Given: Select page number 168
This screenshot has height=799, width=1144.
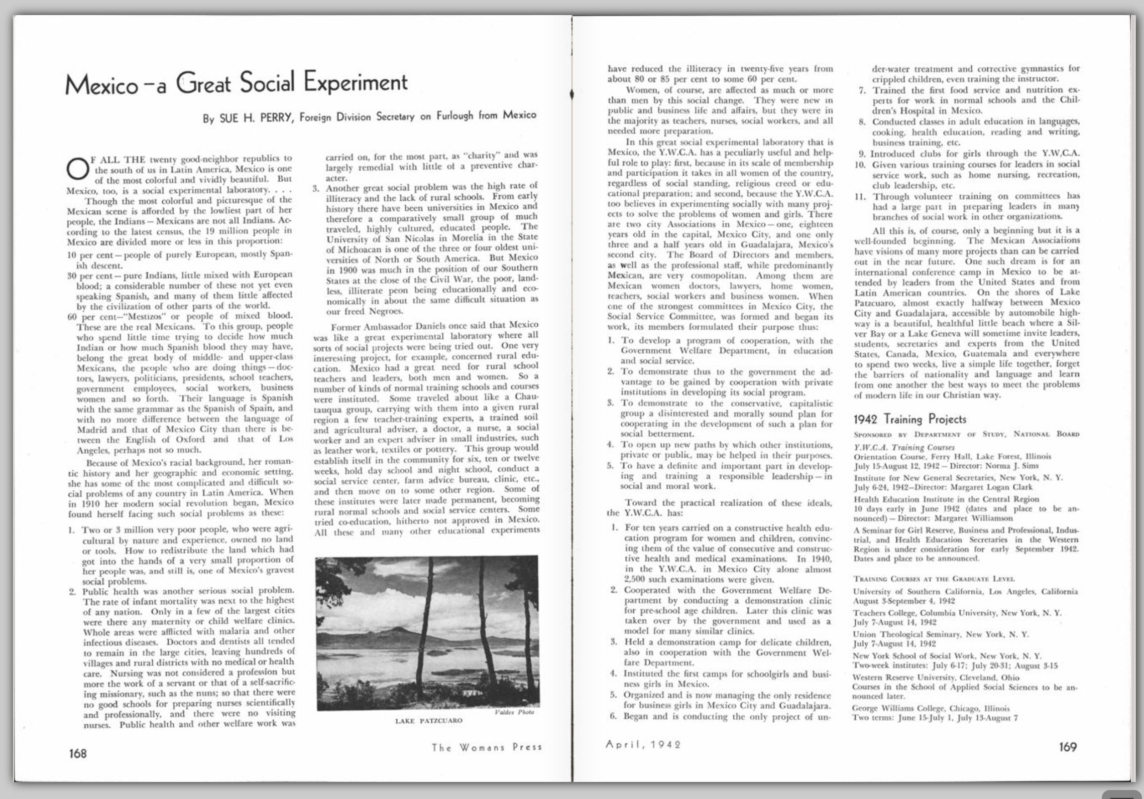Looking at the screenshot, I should (77, 753).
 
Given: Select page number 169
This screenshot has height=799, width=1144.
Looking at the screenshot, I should (1068, 747).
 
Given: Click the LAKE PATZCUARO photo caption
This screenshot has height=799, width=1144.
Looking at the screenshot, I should (429, 721).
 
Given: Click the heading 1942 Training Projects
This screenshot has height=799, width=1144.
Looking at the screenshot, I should (910, 419).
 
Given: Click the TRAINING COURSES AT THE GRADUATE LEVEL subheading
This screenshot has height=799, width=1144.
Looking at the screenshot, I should (934, 579).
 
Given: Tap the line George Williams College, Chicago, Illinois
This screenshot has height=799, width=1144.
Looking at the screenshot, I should (931, 709).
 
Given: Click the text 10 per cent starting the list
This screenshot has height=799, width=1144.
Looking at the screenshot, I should (84, 254).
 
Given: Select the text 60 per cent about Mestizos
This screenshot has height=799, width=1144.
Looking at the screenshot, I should (84, 316).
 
